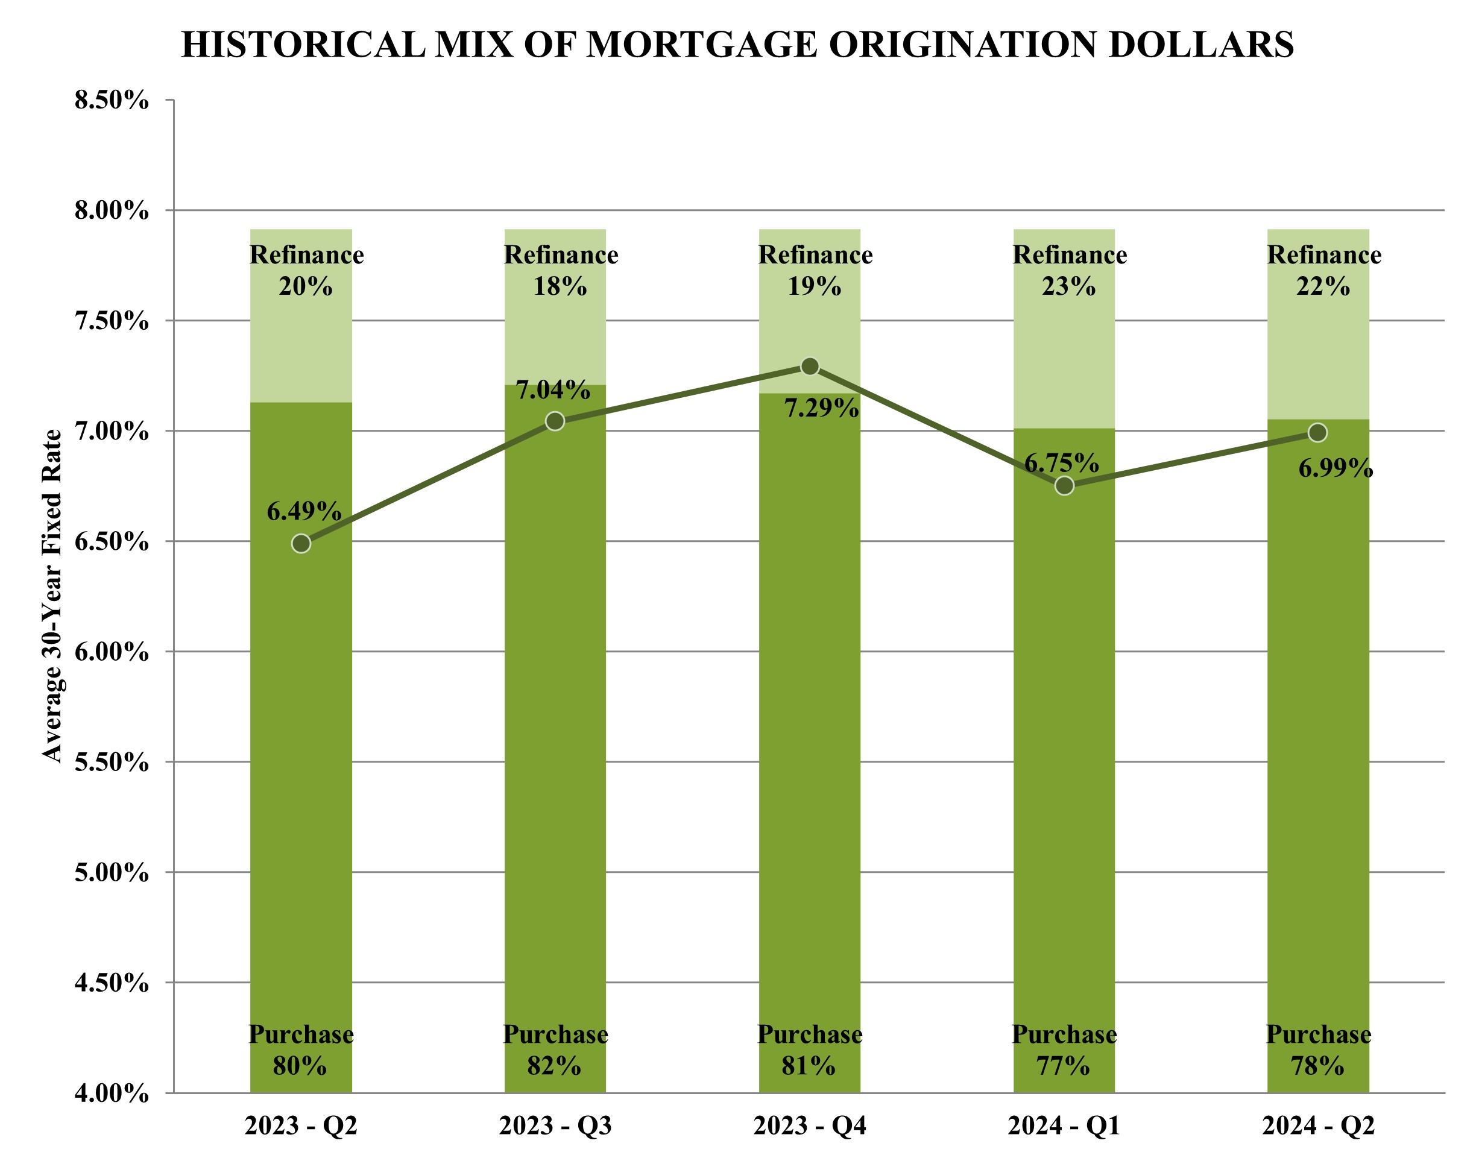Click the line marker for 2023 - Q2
pyautogui.click(x=301, y=543)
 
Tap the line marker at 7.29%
pyautogui.click(x=810, y=367)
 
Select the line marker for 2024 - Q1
pyautogui.click(x=1064, y=485)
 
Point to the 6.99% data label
pyautogui.click(x=1335, y=468)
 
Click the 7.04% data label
pyautogui.click(x=552, y=390)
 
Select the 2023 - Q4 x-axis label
pyautogui.click(x=810, y=1126)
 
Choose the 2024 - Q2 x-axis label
pyautogui.click(x=1318, y=1126)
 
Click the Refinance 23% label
pyautogui.click(x=1069, y=271)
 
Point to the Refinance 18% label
pyautogui.click(x=561, y=271)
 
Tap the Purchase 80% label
pyautogui.click(x=301, y=1050)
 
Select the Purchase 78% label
pyautogui.click(x=1318, y=1050)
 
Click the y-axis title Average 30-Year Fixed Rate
pyautogui.click(x=52, y=597)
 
